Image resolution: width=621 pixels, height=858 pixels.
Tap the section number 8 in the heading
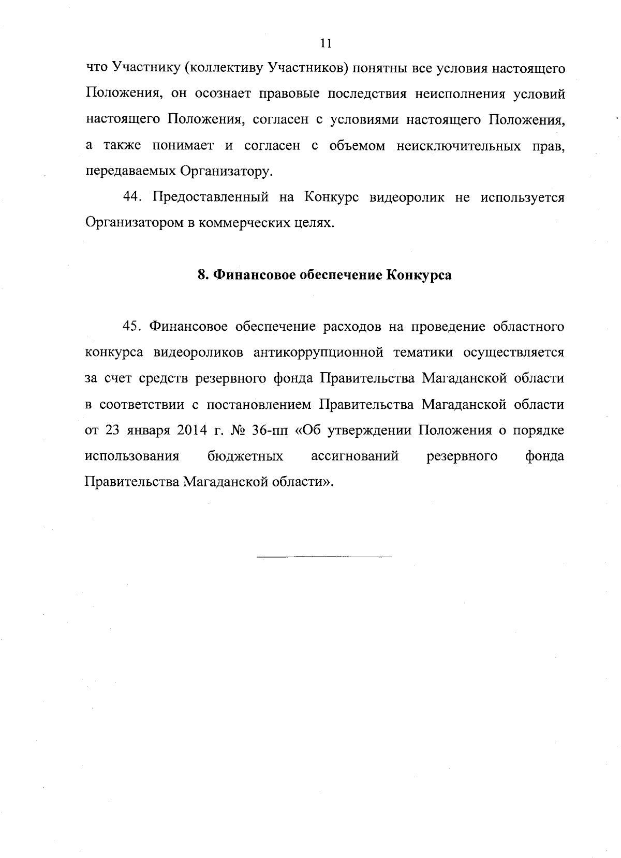tap(202, 275)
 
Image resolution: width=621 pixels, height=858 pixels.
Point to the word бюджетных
tap(245, 456)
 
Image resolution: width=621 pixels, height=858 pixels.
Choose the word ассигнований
tap(354, 456)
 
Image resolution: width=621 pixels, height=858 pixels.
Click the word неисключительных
tap(459, 146)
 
